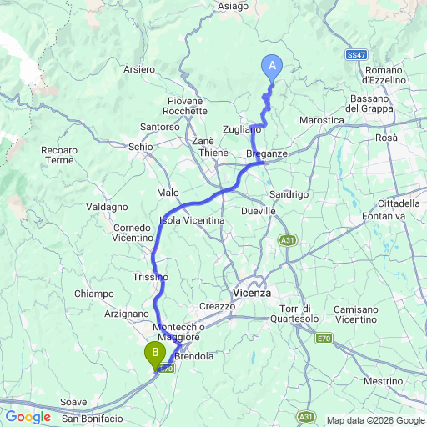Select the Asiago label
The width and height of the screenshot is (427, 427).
[234, 6]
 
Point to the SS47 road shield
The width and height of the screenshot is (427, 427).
[356, 54]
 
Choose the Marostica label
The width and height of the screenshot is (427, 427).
[322, 120]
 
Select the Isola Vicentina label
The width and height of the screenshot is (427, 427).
[192, 220]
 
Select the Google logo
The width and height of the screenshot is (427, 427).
[28, 417]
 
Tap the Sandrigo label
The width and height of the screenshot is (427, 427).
[289, 193]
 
